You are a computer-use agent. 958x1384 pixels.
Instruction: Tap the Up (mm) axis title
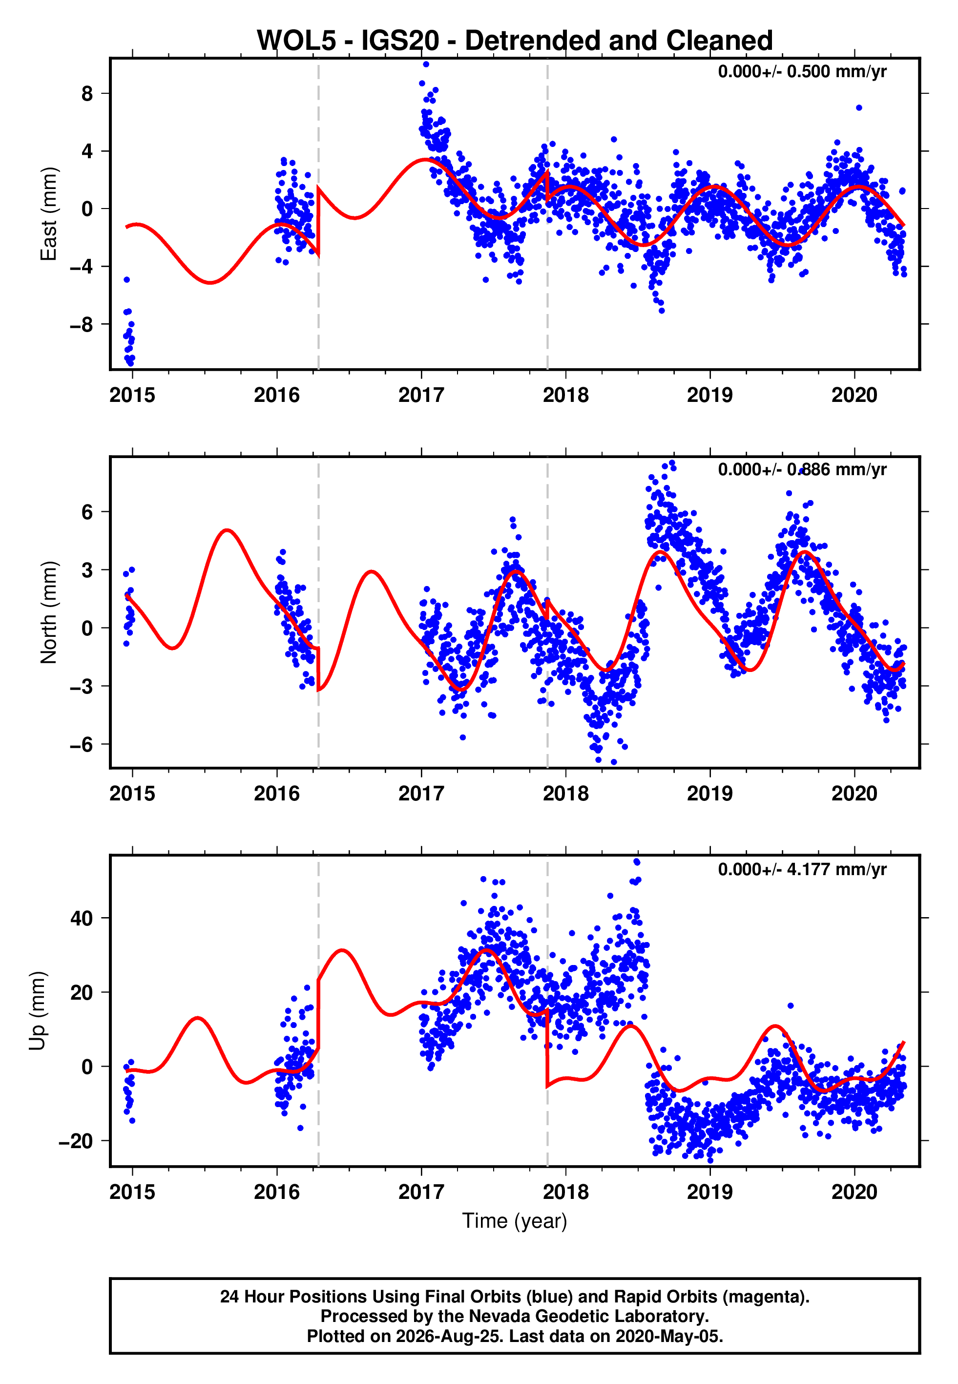[37, 1010]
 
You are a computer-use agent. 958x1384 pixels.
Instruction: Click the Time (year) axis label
[515, 1221]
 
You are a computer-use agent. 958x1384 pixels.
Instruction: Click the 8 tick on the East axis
[87, 94]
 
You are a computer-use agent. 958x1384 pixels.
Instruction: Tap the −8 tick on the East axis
[81, 325]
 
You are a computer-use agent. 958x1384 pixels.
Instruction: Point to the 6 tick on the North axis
[87, 512]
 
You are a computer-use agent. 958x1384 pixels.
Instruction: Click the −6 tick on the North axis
[81, 745]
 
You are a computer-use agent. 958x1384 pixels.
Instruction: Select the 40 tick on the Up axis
[82, 918]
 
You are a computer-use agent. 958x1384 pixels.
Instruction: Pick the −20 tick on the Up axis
[76, 1141]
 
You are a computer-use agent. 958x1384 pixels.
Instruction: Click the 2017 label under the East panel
[421, 395]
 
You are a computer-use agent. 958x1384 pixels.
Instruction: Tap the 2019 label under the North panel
[710, 794]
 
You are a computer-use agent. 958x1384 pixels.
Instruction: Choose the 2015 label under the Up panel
[132, 1192]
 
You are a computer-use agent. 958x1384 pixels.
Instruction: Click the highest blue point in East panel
[426, 64]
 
